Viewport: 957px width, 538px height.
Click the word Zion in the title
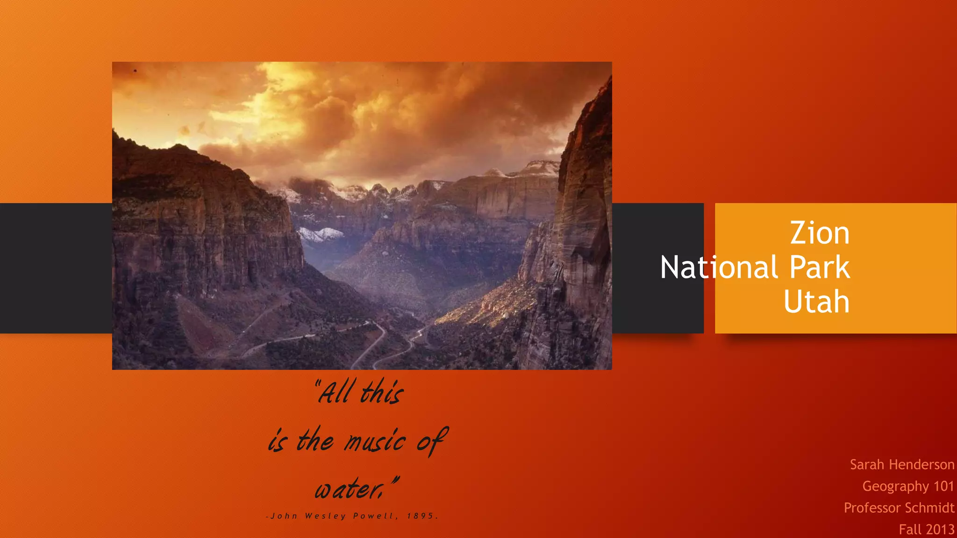[820, 233]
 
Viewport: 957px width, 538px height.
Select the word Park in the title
[820, 268]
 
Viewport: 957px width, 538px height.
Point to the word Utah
[816, 302]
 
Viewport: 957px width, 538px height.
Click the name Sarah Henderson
[902, 465]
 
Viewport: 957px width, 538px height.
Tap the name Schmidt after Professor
[930, 508]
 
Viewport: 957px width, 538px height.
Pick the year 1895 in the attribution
[420, 516]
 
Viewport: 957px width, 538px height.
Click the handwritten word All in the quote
[335, 392]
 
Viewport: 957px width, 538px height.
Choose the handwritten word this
[382, 392]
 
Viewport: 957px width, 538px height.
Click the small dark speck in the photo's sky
[136, 71]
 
